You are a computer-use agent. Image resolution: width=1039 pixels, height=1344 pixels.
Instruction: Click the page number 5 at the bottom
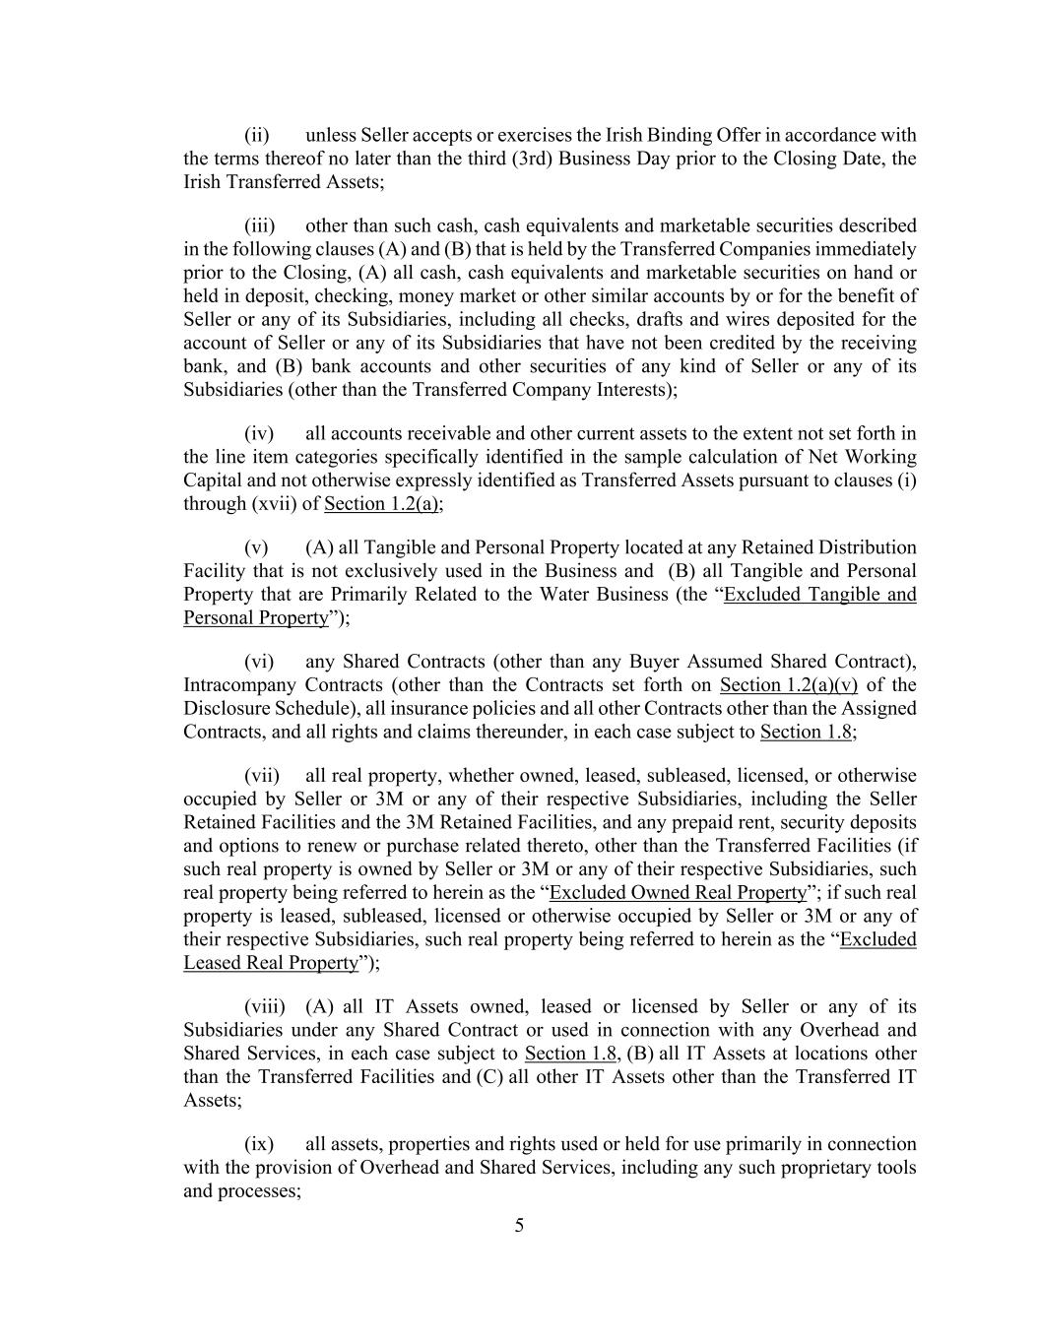pos(519,1226)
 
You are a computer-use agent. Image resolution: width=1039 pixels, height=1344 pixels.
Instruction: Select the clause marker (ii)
pos(257,135)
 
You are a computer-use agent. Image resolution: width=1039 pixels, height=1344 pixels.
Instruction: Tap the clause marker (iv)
pos(259,433)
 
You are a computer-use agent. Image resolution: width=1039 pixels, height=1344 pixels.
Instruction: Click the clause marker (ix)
pos(259,1144)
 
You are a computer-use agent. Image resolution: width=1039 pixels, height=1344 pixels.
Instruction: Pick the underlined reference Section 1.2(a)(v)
pos(789,685)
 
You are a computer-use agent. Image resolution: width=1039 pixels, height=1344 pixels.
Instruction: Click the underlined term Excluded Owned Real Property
pos(678,893)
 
